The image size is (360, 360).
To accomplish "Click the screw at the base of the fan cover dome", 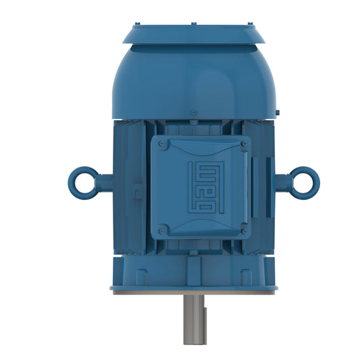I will point(193,112).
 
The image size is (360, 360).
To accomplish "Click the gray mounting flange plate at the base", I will point(194,292).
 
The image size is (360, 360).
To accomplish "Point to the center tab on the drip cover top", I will point(193,24).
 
